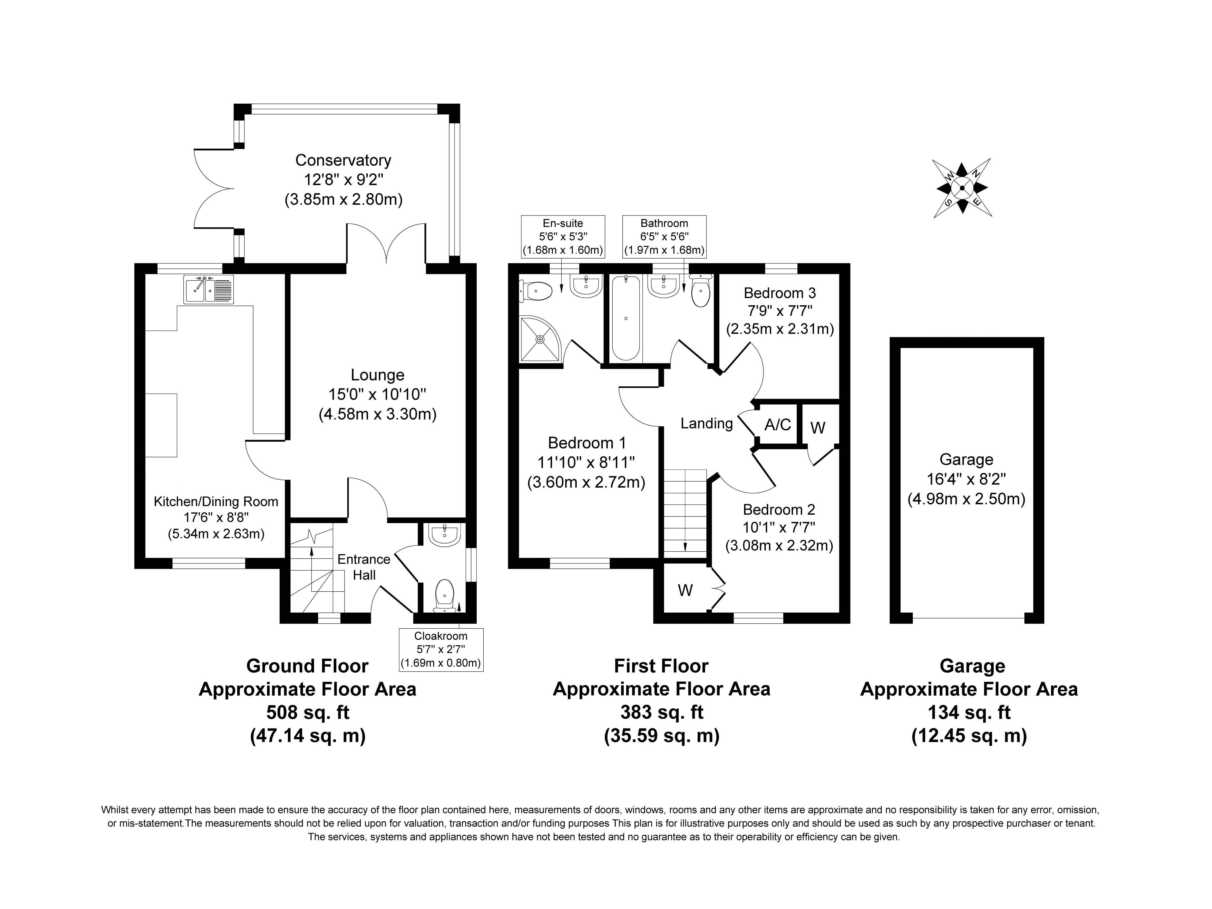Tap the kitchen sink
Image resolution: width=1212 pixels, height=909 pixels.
pyautogui.click(x=210, y=290)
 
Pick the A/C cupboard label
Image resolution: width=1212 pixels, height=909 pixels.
pyautogui.click(x=777, y=425)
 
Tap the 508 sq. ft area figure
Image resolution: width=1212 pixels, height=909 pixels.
pyautogui.click(x=307, y=712)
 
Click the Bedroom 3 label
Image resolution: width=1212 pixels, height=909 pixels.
pyautogui.click(x=780, y=293)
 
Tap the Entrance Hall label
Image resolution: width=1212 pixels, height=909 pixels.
pyautogui.click(x=364, y=567)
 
